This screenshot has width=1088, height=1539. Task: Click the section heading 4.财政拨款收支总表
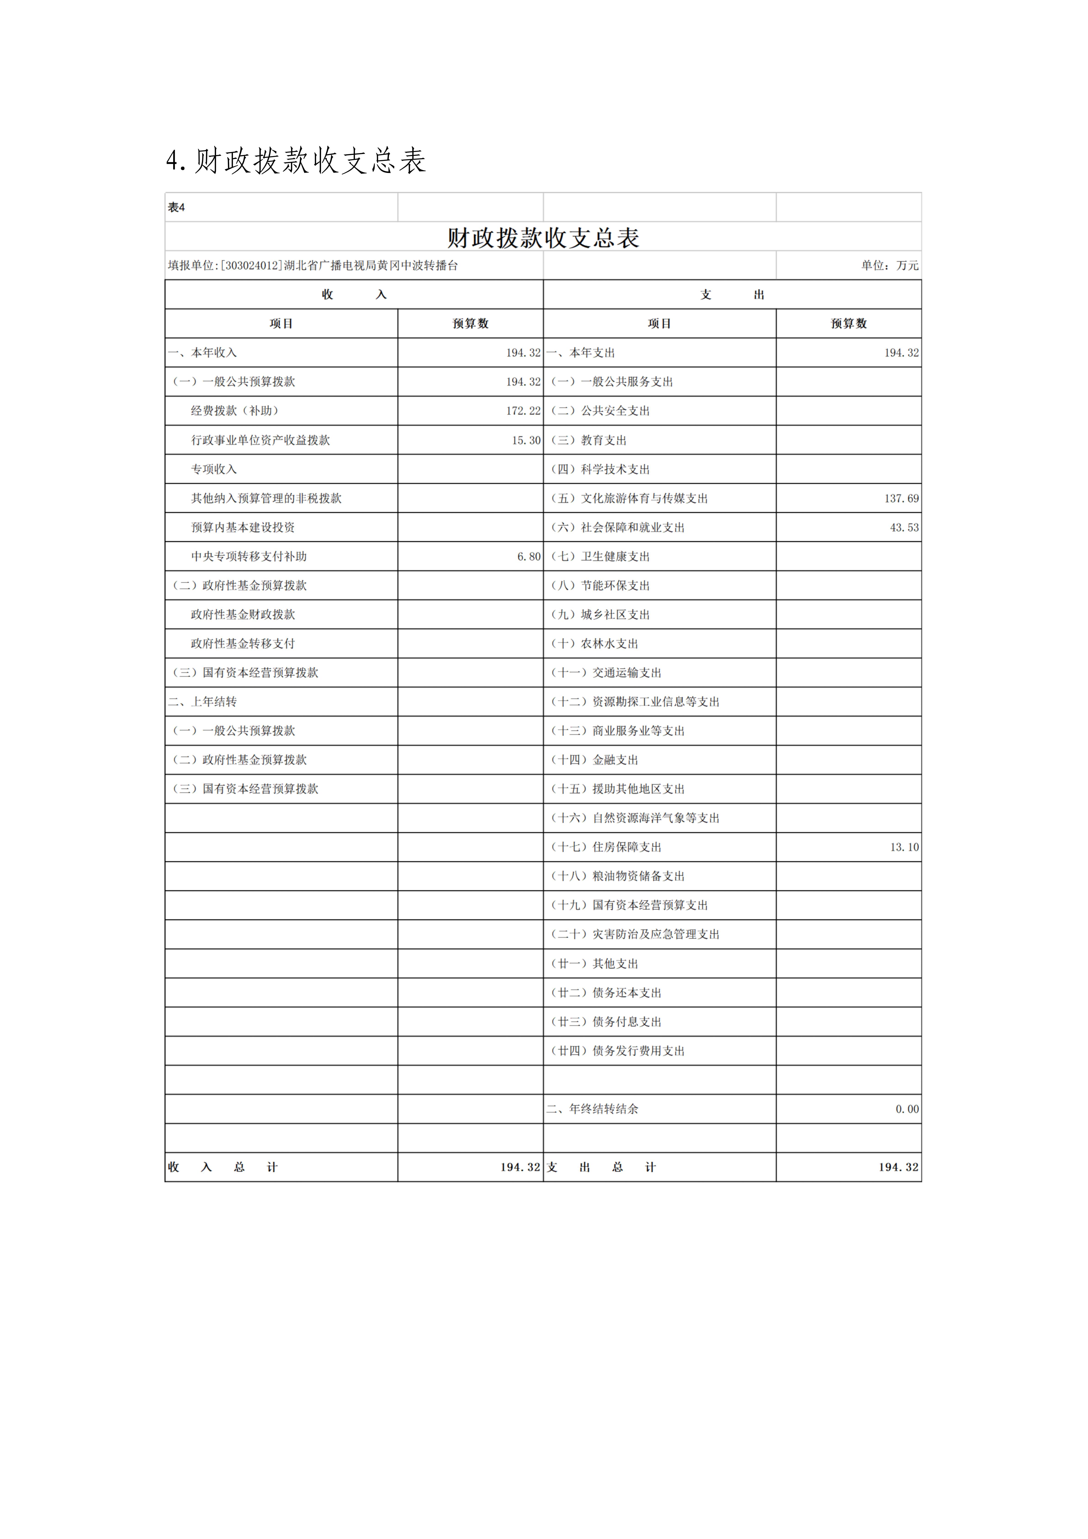296,161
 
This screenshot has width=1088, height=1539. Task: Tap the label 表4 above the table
176,208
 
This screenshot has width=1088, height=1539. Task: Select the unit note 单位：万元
890,266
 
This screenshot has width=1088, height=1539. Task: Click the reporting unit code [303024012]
251,266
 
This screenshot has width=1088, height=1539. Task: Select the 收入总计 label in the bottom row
223,1167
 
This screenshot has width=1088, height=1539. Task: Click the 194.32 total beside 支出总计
898,1167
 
